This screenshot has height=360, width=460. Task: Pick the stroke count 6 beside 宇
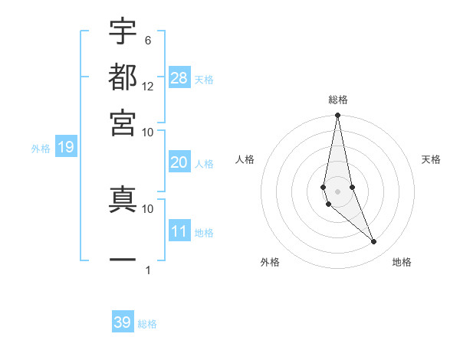coord(148,40)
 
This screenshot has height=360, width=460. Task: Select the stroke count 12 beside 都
coord(148,86)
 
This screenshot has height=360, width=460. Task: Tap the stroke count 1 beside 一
coord(148,270)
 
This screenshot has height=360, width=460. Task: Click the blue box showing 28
coord(179,77)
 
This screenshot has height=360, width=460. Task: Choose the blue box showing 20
coord(179,162)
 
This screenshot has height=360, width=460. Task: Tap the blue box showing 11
coord(179,231)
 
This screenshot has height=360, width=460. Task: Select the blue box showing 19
coord(66,147)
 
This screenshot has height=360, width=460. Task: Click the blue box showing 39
coord(123,322)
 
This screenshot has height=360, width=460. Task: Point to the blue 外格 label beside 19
coord(40,149)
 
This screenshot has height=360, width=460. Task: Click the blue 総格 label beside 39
coord(147,324)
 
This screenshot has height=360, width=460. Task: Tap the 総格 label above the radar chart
coord(338,100)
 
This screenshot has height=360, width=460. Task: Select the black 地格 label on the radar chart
coord(402,262)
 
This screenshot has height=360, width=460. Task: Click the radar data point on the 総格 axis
coord(337,116)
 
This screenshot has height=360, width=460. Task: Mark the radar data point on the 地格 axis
coord(374,242)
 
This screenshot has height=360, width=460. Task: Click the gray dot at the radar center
coord(337,191)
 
